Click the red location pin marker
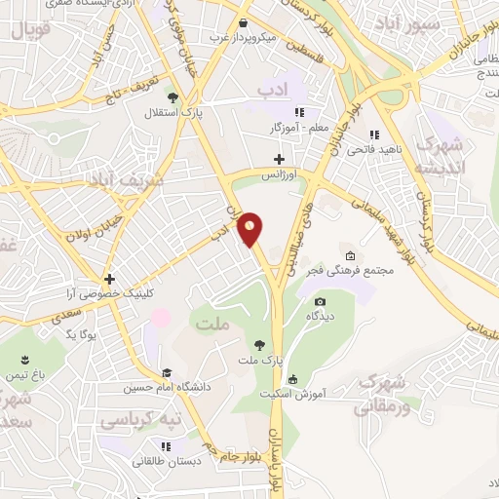251,228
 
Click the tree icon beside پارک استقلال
173,96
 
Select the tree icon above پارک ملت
259,344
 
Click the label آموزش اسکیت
295,395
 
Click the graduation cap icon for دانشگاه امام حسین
168,372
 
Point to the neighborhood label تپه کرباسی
144,420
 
